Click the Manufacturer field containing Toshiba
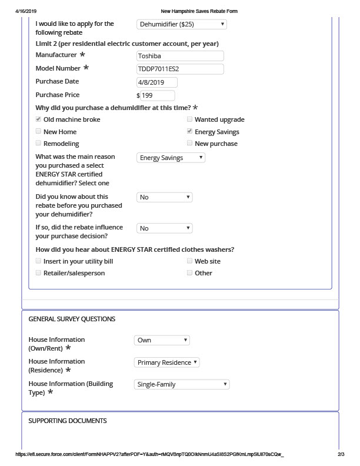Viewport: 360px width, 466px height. pyautogui.click(x=179, y=56)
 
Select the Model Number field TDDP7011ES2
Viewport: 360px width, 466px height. pyautogui.click(x=179, y=69)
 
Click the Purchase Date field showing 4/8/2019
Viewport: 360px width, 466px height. pyautogui.click(x=157, y=82)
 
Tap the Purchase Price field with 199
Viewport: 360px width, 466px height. pyautogui.click(x=157, y=95)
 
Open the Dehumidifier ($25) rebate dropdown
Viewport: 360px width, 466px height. pyautogui.click(x=181, y=24)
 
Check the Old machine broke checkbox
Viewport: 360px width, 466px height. pyautogui.click(x=39, y=119)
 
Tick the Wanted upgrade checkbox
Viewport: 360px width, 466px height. pyautogui.click(x=189, y=119)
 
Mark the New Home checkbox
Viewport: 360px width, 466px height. pyautogui.click(x=39, y=132)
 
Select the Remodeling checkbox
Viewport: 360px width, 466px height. pyautogui.click(x=39, y=144)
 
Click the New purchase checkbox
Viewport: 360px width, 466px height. pyautogui.click(x=189, y=144)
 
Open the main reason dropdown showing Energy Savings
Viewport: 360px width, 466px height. pyautogui.click(x=171, y=158)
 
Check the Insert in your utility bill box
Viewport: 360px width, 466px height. pyautogui.click(x=39, y=261)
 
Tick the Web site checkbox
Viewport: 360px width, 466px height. pyautogui.click(x=189, y=261)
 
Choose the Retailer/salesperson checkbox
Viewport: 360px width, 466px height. pyautogui.click(x=39, y=273)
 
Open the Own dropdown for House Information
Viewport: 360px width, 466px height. pyautogui.click(x=162, y=340)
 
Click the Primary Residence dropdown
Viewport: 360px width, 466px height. pyautogui.click(x=167, y=362)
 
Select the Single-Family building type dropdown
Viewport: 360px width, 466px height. pyautogui.click(x=182, y=385)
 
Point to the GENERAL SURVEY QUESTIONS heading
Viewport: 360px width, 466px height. pyautogui.click(x=72, y=319)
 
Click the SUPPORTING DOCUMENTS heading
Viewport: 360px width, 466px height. pyautogui.click(x=68, y=421)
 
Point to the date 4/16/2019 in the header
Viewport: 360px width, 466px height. pyautogui.click(x=26, y=11)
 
